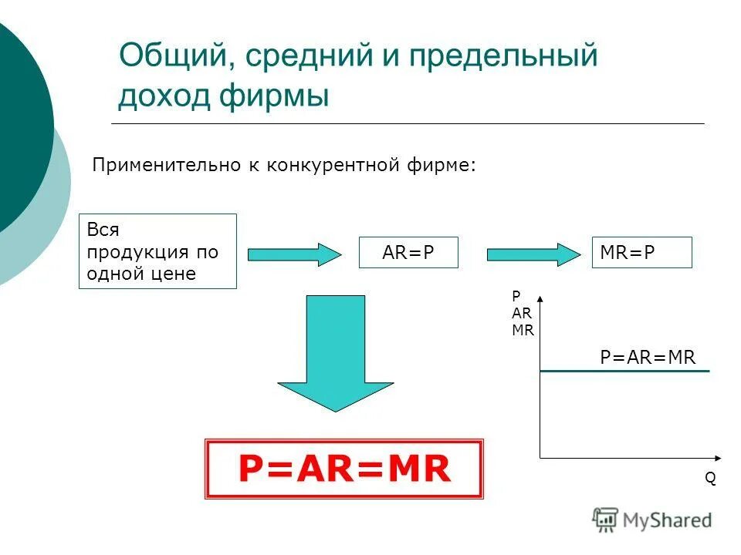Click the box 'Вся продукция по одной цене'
click(x=157, y=251)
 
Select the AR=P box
click(x=408, y=253)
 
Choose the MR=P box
click(x=641, y=253)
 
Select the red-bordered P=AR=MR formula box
click(x=343, y=469)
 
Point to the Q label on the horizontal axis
click(x=710, y=478)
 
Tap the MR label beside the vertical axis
click(x=523, y=329)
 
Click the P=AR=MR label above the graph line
click(x=648, y=357)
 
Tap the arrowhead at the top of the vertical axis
click(x=540, y=299)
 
